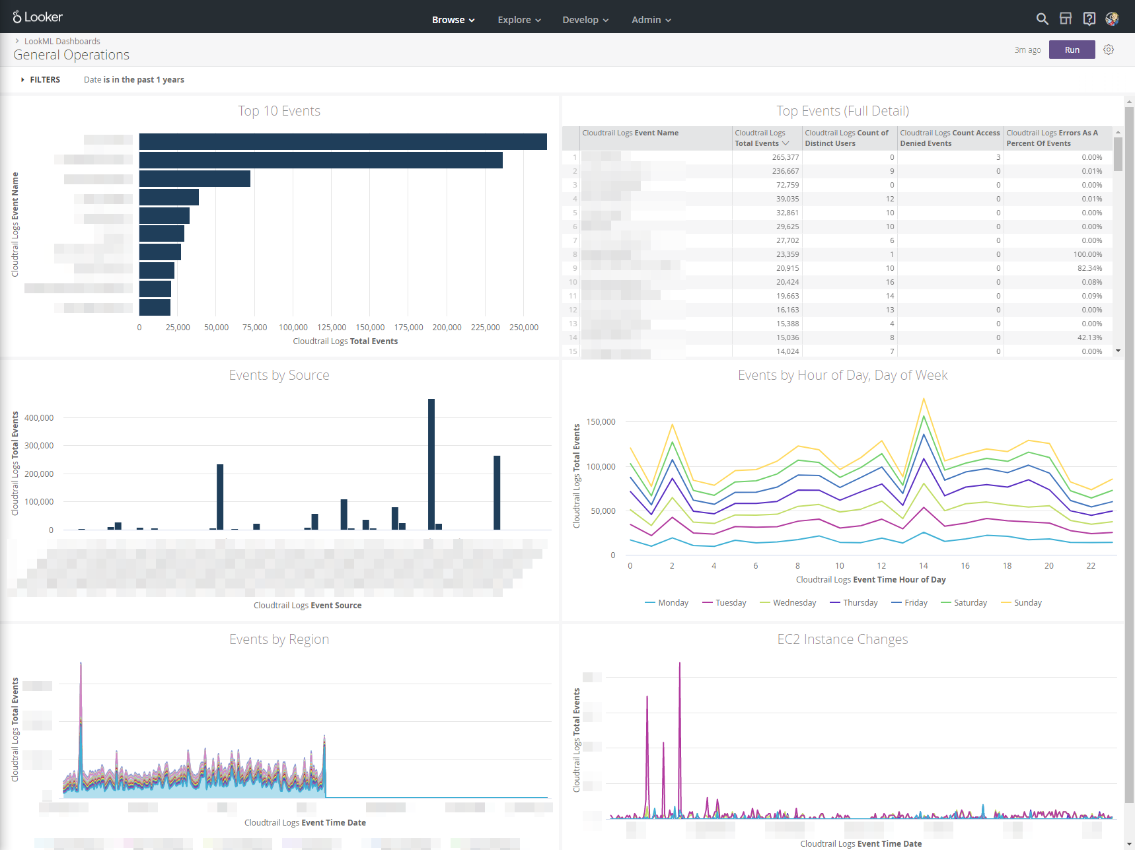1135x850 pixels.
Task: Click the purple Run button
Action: (x=1072, y=50)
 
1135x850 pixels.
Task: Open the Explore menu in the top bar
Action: (x=519, y=20)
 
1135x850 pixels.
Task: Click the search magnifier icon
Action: (x=1042, y=18)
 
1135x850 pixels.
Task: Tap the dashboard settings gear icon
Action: (x=1109, y=50)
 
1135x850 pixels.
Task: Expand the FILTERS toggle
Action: (x=40, y=79)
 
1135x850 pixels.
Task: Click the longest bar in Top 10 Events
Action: (x=342, y=141)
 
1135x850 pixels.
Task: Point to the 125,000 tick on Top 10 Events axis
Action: (x=332, y=327)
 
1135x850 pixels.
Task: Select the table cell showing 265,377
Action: (x=786, y=157)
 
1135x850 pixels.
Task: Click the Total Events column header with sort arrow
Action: (x=762, y=138)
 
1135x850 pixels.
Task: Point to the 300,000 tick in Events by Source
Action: (x=39, y=446)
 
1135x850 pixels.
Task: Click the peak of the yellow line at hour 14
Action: (x=924, y=399)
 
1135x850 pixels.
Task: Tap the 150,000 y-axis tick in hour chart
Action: (x=601, y=421)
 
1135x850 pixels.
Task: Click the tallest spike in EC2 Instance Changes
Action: (x=680, y=664)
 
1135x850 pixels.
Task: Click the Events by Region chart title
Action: (x=279, y=639)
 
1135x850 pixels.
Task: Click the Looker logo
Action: (x=38, y=17)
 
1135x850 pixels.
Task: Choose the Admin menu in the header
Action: (x=651, y=20)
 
